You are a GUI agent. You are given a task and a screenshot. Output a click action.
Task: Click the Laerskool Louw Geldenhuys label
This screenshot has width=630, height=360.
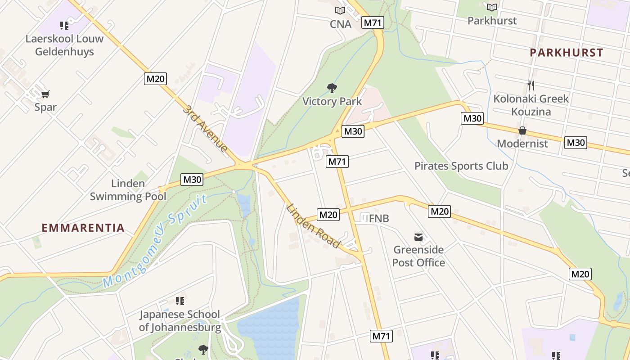tap(64, 45)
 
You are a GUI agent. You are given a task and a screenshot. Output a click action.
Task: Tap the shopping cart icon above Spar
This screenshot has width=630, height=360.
tap(45, 94)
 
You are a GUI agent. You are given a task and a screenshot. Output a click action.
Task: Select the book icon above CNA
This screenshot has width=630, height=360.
tap(340, 10)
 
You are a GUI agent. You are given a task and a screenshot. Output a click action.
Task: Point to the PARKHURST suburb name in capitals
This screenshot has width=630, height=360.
tap(566, 53)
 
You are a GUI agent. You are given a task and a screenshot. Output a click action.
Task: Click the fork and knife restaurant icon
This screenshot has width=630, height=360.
tap(531, 85)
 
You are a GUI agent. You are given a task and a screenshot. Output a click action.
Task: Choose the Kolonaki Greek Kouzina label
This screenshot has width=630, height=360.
tap(531, 105)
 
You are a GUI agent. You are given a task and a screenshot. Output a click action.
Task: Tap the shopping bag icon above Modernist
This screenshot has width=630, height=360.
tap(522, 131)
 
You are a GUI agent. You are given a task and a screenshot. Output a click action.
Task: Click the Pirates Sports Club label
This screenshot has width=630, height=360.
tap(461, 166)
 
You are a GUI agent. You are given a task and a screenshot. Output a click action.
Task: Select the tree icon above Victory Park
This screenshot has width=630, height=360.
tap(332, 88)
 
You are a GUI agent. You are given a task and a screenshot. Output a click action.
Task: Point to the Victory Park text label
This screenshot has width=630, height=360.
tap(332, 101)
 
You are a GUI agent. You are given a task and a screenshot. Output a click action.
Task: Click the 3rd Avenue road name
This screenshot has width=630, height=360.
tap(205, 128)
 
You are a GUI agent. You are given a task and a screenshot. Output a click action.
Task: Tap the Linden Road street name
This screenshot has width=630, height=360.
tap(313, 226)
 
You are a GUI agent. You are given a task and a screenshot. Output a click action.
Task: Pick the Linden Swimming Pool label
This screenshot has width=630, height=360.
tap(128, 190)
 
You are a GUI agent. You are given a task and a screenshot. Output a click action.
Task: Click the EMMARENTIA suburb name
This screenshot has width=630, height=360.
tap(83, 228)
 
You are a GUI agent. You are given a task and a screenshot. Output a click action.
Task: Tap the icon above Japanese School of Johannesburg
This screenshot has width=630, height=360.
tap(180, 301)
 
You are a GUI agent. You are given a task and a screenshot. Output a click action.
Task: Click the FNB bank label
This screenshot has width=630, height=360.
tap(379, 219)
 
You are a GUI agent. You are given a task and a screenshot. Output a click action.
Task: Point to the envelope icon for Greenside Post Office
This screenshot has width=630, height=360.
tap(418, 237)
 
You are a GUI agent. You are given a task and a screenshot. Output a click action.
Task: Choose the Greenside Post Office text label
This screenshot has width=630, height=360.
tap(418, 256)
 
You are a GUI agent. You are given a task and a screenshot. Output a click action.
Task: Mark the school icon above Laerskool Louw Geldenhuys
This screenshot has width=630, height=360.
tap(64, 25)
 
